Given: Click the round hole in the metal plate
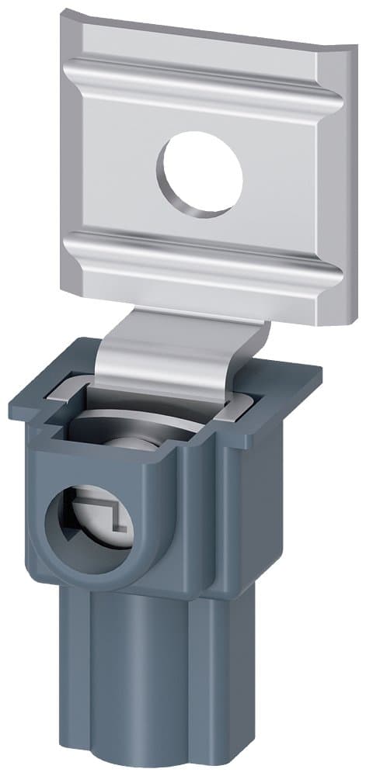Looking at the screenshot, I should pos(200,175).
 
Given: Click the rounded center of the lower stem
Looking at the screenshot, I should pos(148,683).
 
